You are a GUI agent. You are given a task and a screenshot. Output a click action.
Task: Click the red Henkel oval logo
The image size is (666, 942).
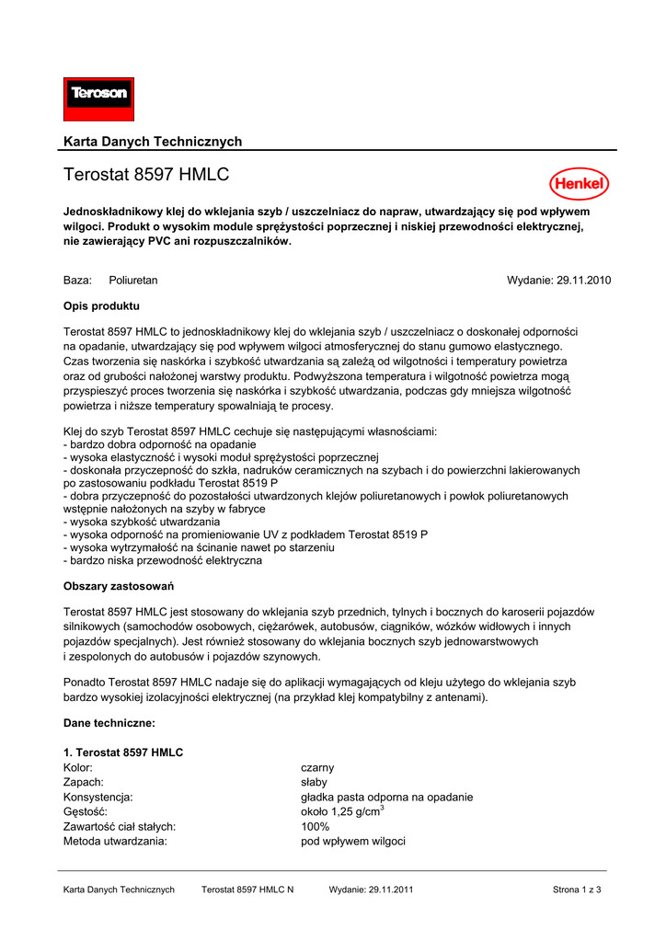click(x=580, y=184)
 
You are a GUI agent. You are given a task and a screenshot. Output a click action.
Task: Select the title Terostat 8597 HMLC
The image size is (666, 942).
click(x=146, y=175)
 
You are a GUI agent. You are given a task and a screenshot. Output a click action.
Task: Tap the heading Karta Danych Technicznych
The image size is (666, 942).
click(x=153, y=142)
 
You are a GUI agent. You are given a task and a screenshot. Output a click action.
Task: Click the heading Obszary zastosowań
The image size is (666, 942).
click(x=119, y=586)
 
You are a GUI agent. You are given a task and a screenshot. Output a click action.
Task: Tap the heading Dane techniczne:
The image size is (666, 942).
click(x=109, y=723)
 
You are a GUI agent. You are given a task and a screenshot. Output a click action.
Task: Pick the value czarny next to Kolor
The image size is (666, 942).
click(x=317, y=767)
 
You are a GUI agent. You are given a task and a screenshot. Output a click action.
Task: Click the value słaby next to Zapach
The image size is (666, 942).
click(x=315, y=782)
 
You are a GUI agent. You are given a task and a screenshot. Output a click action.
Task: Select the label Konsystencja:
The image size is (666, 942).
click(x=98, y=797)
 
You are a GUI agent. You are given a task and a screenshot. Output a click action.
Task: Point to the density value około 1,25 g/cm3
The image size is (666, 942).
click(x=342, y=811)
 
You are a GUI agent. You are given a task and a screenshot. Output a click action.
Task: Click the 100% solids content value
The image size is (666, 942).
click(x=316, y=826)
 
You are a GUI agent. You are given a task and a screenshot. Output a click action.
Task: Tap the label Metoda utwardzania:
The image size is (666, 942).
click(x=115, y=841)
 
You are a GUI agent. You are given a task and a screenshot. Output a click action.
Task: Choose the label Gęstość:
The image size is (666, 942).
click(x=86, y=811)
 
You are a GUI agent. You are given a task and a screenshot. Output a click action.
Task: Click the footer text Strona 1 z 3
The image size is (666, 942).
click(x=577, y=890)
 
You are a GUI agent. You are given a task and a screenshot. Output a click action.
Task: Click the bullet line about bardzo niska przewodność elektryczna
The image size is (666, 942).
click(x=163, y=560)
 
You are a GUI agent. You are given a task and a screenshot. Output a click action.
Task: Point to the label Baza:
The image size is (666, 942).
click(x=77, y=280)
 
